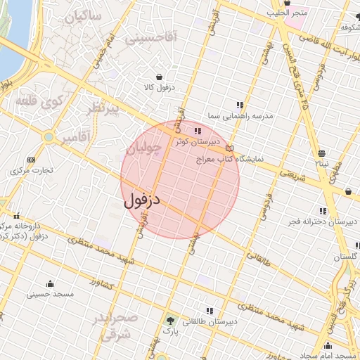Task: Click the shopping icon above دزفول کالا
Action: click(x=160, y=77)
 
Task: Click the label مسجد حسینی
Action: click(x=48, y=294)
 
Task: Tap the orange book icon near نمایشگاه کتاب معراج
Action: click(x=229, y=148)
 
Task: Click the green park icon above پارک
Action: click(x=169, y=321)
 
